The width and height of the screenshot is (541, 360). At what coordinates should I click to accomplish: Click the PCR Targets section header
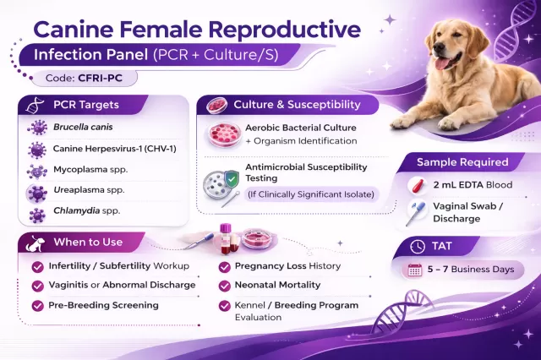tap(85, 105)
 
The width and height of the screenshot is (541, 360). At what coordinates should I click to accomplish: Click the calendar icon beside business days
tap(414, 270)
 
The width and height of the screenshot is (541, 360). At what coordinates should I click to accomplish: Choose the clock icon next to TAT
tap(416, 247)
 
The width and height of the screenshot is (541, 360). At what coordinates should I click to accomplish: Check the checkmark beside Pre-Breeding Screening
tap(37, 305)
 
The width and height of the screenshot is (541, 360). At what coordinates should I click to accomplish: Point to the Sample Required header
tap(462, 161)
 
